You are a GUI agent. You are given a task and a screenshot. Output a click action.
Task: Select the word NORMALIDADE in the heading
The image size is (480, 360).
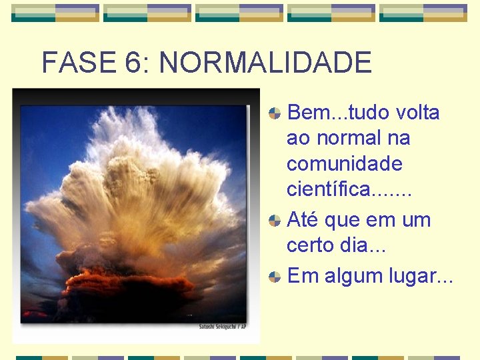tap(265, 63)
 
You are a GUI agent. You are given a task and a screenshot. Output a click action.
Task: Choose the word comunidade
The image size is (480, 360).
tap(344, 163)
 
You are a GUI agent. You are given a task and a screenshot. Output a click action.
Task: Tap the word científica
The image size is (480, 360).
tap(326, 189)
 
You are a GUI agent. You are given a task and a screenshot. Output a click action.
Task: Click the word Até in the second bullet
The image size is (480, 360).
tap(304, 219)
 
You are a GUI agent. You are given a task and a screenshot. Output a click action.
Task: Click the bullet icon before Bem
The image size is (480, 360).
tap(274, 113)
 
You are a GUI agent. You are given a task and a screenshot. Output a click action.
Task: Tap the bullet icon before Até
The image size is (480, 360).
tap(274, 220)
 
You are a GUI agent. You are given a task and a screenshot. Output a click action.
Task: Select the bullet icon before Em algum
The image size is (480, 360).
tap(274, 276)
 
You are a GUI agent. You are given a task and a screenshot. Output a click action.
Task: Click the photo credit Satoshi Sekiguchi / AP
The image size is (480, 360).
tap(223, 327)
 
